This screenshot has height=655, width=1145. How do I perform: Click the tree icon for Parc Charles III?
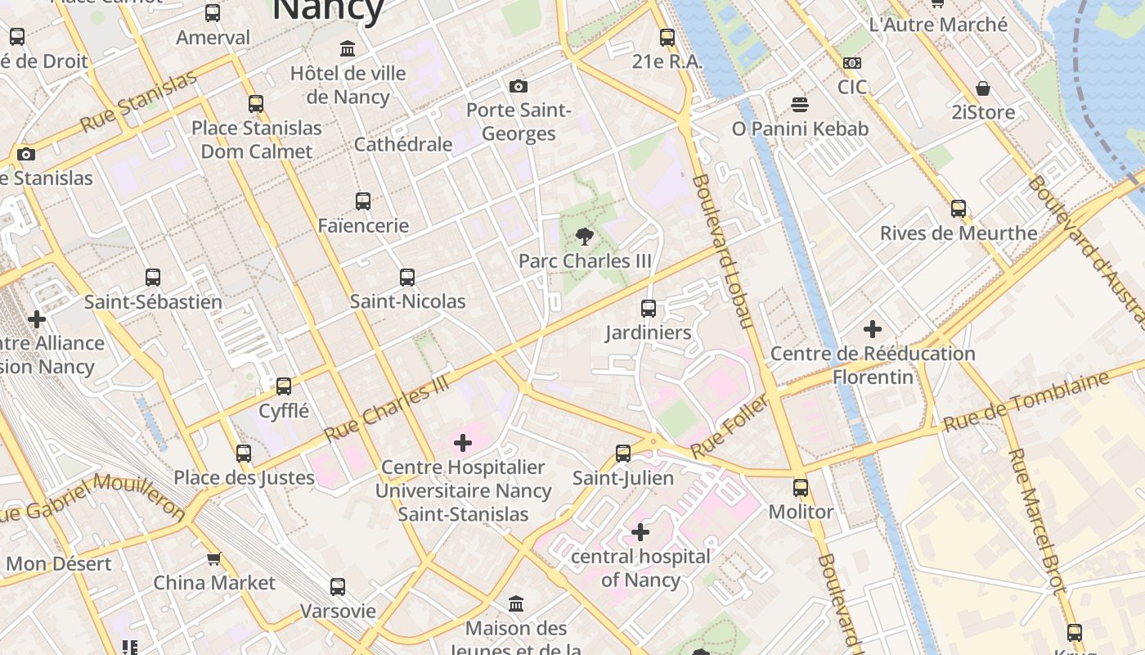[584, 237]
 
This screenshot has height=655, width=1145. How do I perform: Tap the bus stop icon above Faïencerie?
[363, 201]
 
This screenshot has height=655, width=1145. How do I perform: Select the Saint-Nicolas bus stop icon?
[407, 278]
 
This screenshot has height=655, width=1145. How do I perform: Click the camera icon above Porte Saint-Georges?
[518, 86]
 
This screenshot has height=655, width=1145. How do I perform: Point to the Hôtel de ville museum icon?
[348, 49]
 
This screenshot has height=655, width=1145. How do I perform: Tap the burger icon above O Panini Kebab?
[800, 105]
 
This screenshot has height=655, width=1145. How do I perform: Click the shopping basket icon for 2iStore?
[983, 88]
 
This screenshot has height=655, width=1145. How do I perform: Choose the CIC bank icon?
[851, 63]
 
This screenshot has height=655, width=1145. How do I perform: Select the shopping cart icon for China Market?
[214, 559]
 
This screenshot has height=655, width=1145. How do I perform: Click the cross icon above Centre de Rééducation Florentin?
[873, 329]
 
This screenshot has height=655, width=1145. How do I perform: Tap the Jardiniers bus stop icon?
[649, 309]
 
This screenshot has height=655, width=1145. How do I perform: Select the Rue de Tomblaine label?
[1026, 401]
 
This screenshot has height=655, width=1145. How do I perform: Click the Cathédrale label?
[403, 144]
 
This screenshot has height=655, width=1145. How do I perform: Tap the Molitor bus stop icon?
[801, 488]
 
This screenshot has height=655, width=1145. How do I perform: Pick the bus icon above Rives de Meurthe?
[959, 209]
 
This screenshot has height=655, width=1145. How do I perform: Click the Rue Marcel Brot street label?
[1036, 520]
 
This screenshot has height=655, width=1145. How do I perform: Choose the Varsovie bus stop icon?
[338, 587]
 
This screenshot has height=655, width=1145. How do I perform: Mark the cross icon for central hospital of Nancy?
[640, 533]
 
